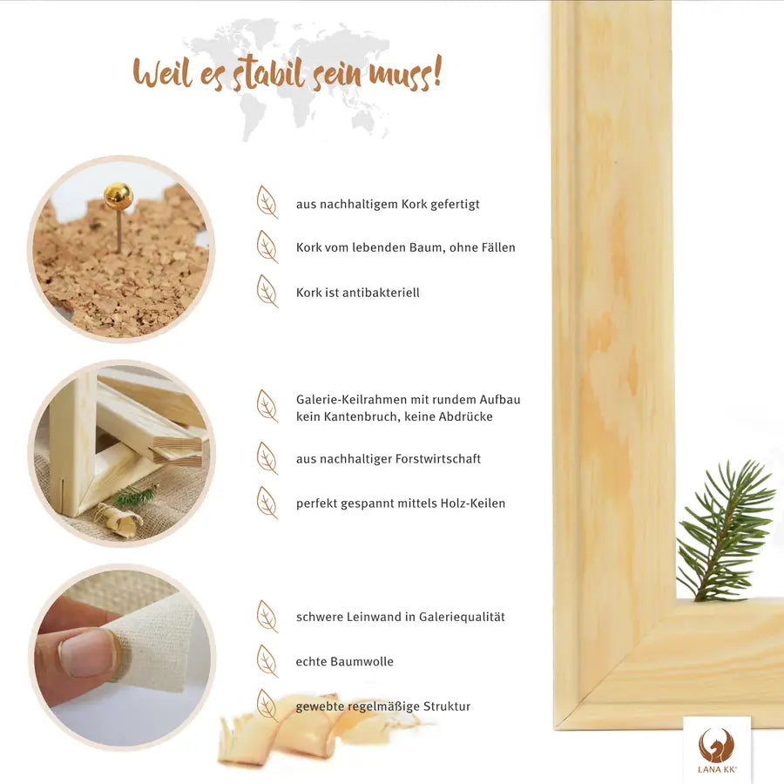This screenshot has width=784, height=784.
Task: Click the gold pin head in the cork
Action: (x=118, y=196)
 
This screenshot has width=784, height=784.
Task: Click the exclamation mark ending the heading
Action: (x=436, y=71)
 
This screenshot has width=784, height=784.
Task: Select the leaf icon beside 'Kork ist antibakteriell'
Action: (x=267, y=291)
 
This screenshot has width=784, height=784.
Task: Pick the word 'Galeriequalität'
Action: (x=462, y=617)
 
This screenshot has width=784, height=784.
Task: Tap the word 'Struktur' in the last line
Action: (x=447, y=706)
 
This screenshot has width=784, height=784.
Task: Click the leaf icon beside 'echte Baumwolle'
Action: (x=267, y=660)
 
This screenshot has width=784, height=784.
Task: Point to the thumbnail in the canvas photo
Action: (x=89, y=653)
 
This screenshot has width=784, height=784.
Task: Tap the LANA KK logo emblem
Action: (x=717, y=745)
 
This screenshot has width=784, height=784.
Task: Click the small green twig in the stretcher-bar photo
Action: (x=134, y=496)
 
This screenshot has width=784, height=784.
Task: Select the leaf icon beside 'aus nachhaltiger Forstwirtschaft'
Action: (x=267, y=457)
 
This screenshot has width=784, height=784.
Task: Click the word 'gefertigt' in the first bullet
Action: (x=455, y=205)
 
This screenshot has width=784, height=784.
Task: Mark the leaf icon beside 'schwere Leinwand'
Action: (x=267, y=616)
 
